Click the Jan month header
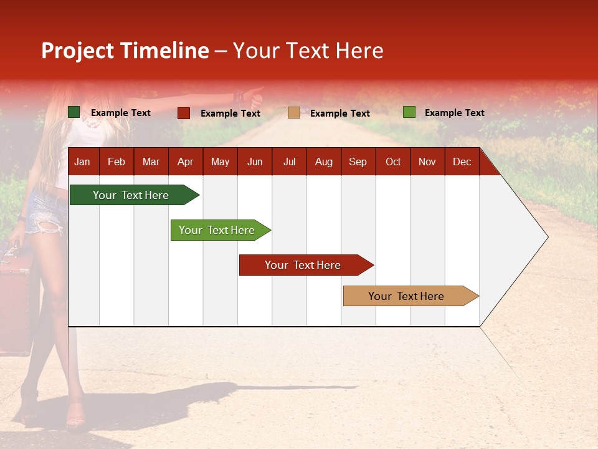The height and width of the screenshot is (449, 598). tap(82, 162)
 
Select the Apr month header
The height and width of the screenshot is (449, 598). tap(185, 162)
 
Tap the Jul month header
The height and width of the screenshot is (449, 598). tap(289, 162)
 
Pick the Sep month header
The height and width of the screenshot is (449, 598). tap(358, 162)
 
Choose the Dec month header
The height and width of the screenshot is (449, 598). tap(462, 162)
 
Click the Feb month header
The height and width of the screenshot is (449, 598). tap(116, 162)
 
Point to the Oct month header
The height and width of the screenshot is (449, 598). tap(393, 162)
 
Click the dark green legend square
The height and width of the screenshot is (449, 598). tap(74, 112)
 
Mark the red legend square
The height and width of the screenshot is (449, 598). tap(184, 113)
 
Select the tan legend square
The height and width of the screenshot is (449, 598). tap(294, 113)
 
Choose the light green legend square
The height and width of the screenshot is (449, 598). tap(409, 112)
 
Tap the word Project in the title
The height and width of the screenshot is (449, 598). tap(78, 51)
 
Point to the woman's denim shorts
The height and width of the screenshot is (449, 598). tap(45, 212)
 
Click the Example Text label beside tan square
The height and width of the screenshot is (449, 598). tap(339, 113)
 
